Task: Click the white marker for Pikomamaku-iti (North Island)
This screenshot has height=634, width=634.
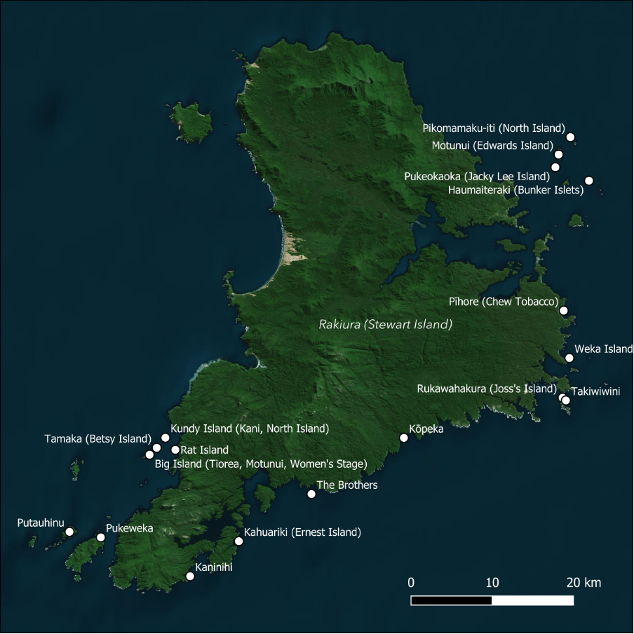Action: [570, 137]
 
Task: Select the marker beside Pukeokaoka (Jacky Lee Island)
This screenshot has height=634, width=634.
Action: [555, 167]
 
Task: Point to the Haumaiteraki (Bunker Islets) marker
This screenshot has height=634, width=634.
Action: [589, 180]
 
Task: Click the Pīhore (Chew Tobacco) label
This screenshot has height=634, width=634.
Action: [503, 302]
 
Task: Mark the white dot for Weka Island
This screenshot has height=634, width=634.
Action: [569, 358]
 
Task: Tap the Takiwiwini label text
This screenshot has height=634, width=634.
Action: [595, 391]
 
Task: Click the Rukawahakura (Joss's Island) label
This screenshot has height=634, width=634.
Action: [486, 389]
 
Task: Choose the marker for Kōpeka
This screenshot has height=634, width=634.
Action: [404, 438]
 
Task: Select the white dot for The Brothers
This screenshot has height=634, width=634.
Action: [311, 494]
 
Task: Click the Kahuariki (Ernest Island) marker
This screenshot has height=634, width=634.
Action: [238, 541]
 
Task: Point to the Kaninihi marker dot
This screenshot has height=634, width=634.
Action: [189, 576]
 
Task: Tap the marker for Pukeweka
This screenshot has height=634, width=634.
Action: [100, 537]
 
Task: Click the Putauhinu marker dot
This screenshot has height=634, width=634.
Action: [69, 532]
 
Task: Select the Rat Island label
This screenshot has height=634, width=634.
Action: [205, 450]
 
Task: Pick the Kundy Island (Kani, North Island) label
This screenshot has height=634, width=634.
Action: [249, 428]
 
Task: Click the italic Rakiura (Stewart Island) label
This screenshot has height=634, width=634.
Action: [385, 325]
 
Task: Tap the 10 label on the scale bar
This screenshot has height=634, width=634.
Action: [492, 583]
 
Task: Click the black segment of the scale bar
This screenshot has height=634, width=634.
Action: [451, 600]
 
